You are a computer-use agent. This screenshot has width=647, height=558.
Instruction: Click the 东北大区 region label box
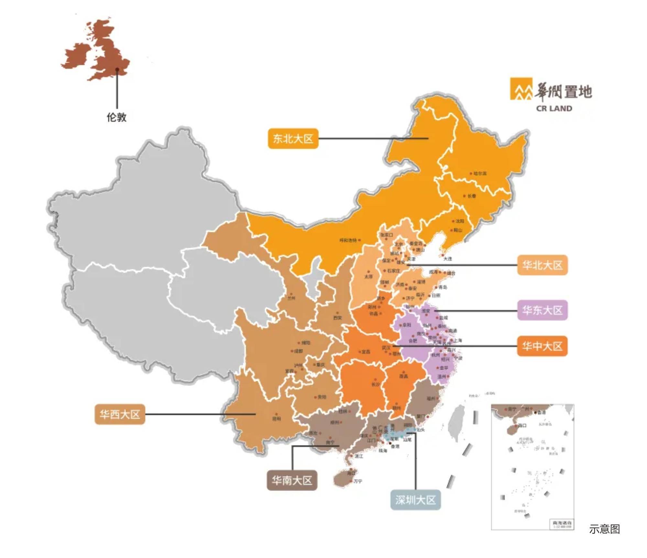click(x=293, y=139)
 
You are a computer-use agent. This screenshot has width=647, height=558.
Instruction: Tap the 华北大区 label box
click(x=542, y=265)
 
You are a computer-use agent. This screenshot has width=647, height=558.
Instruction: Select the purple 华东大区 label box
click(x=542, y=310)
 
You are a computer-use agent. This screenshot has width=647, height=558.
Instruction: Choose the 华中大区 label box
click(x=542, y=346)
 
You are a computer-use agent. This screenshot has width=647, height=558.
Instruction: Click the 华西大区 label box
click(x=120, y=414)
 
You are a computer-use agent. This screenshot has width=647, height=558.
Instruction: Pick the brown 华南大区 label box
click(x=292, y=480)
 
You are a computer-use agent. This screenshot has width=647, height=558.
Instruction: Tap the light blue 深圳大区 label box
click(x=415, y=500)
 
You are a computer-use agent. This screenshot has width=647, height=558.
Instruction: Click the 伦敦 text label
click(x=116, y=117)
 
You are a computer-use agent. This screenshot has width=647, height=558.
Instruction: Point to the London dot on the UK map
click(x=117, y=69)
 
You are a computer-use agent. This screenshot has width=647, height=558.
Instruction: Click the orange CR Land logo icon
click(x=521, y=89)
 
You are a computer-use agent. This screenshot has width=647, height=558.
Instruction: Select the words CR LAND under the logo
click(x=554, y=109)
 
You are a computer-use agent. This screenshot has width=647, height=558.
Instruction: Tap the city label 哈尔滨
click(x=480, y=174)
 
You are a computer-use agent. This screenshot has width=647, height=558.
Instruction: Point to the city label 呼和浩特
click(x=348, y=240)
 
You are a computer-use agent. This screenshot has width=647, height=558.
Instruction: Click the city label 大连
click(x=447, y=259)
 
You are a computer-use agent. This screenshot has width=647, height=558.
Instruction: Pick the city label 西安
click(x=337, y=318)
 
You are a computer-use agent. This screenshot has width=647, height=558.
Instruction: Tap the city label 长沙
click(x=375, y=385)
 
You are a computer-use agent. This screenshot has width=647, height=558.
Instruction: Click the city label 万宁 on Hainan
click(x=358, y=481)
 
